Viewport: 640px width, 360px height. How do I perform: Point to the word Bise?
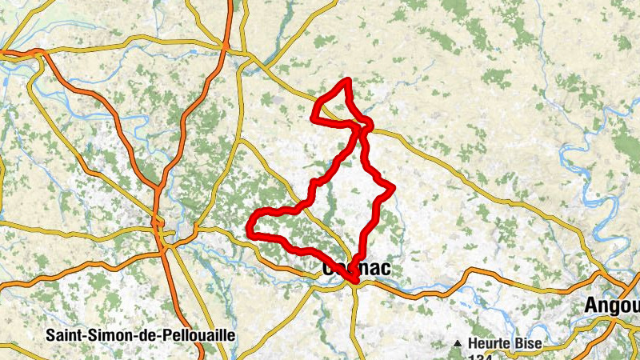tap(529, 343)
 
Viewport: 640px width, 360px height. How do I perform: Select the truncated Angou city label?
tap(612, 305)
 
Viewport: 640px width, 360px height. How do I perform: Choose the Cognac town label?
tap(357, 269)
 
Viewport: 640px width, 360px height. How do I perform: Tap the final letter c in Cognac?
tap(386, 269)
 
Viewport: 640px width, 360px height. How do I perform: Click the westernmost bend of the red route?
tap(249, 233)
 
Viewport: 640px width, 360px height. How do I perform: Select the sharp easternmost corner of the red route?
tap(394, 188)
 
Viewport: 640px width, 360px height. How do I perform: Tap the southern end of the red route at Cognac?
tap(353, 279)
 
